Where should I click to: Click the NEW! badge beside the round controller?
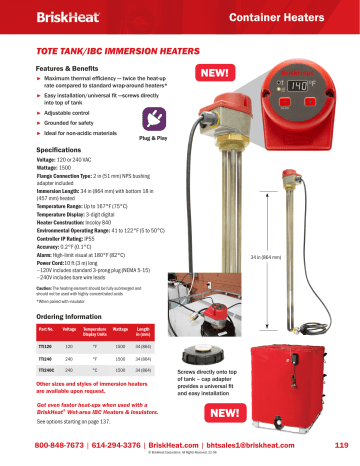pyautogui.click(x=216, y=73)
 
